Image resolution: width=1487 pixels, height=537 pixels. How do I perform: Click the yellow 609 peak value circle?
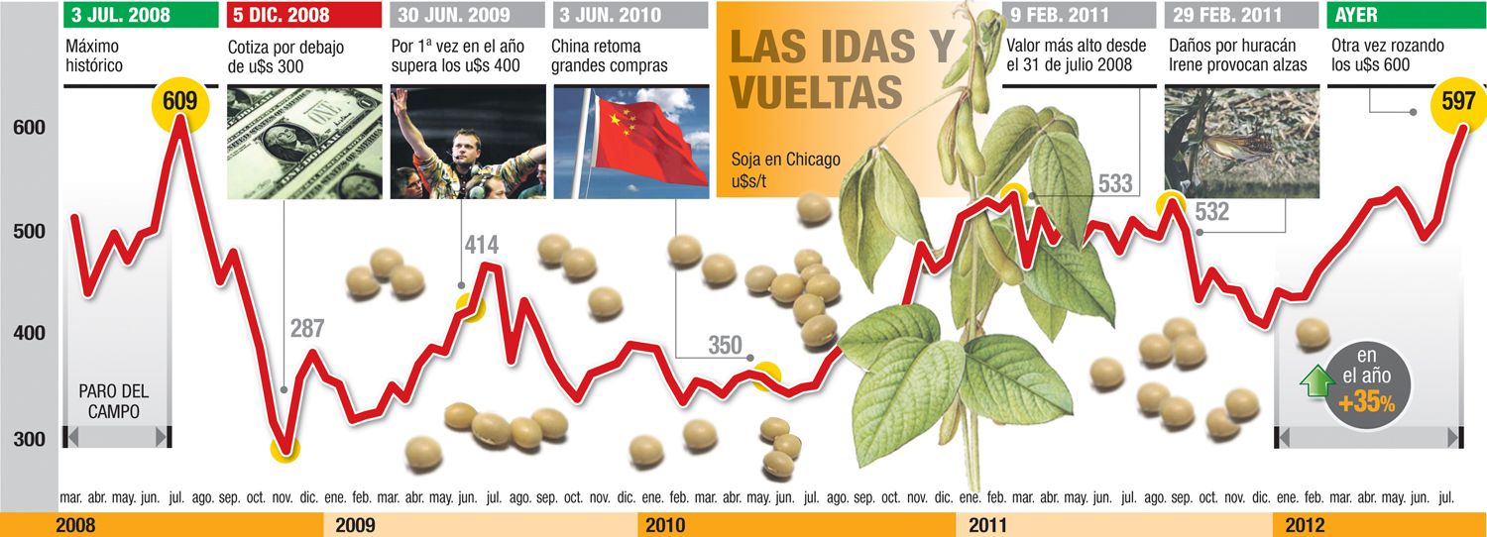click(179, 101)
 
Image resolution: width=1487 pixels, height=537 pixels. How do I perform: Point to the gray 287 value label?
click(307, 330)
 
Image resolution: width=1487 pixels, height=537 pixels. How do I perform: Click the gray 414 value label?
click(481, 246)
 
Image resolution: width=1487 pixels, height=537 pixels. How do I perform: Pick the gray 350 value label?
click(725, 346)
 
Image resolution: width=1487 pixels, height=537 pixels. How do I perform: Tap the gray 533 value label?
click(1115, 183)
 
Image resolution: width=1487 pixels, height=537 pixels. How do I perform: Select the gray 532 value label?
click(1211, 212)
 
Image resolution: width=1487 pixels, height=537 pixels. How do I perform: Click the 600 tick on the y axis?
click(29, 129)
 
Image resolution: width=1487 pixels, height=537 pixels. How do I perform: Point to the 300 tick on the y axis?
click(29, 439)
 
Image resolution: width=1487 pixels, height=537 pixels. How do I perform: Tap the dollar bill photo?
click(304, 142)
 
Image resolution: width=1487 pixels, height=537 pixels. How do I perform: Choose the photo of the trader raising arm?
click(468, 142)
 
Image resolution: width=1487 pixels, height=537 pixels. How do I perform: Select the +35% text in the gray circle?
click(1366, 404)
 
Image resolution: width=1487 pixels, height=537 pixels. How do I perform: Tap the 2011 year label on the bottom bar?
click(987, 524)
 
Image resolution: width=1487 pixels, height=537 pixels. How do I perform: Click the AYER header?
click(1356, 15)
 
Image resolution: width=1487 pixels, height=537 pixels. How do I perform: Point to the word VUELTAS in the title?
click(816, 91)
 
